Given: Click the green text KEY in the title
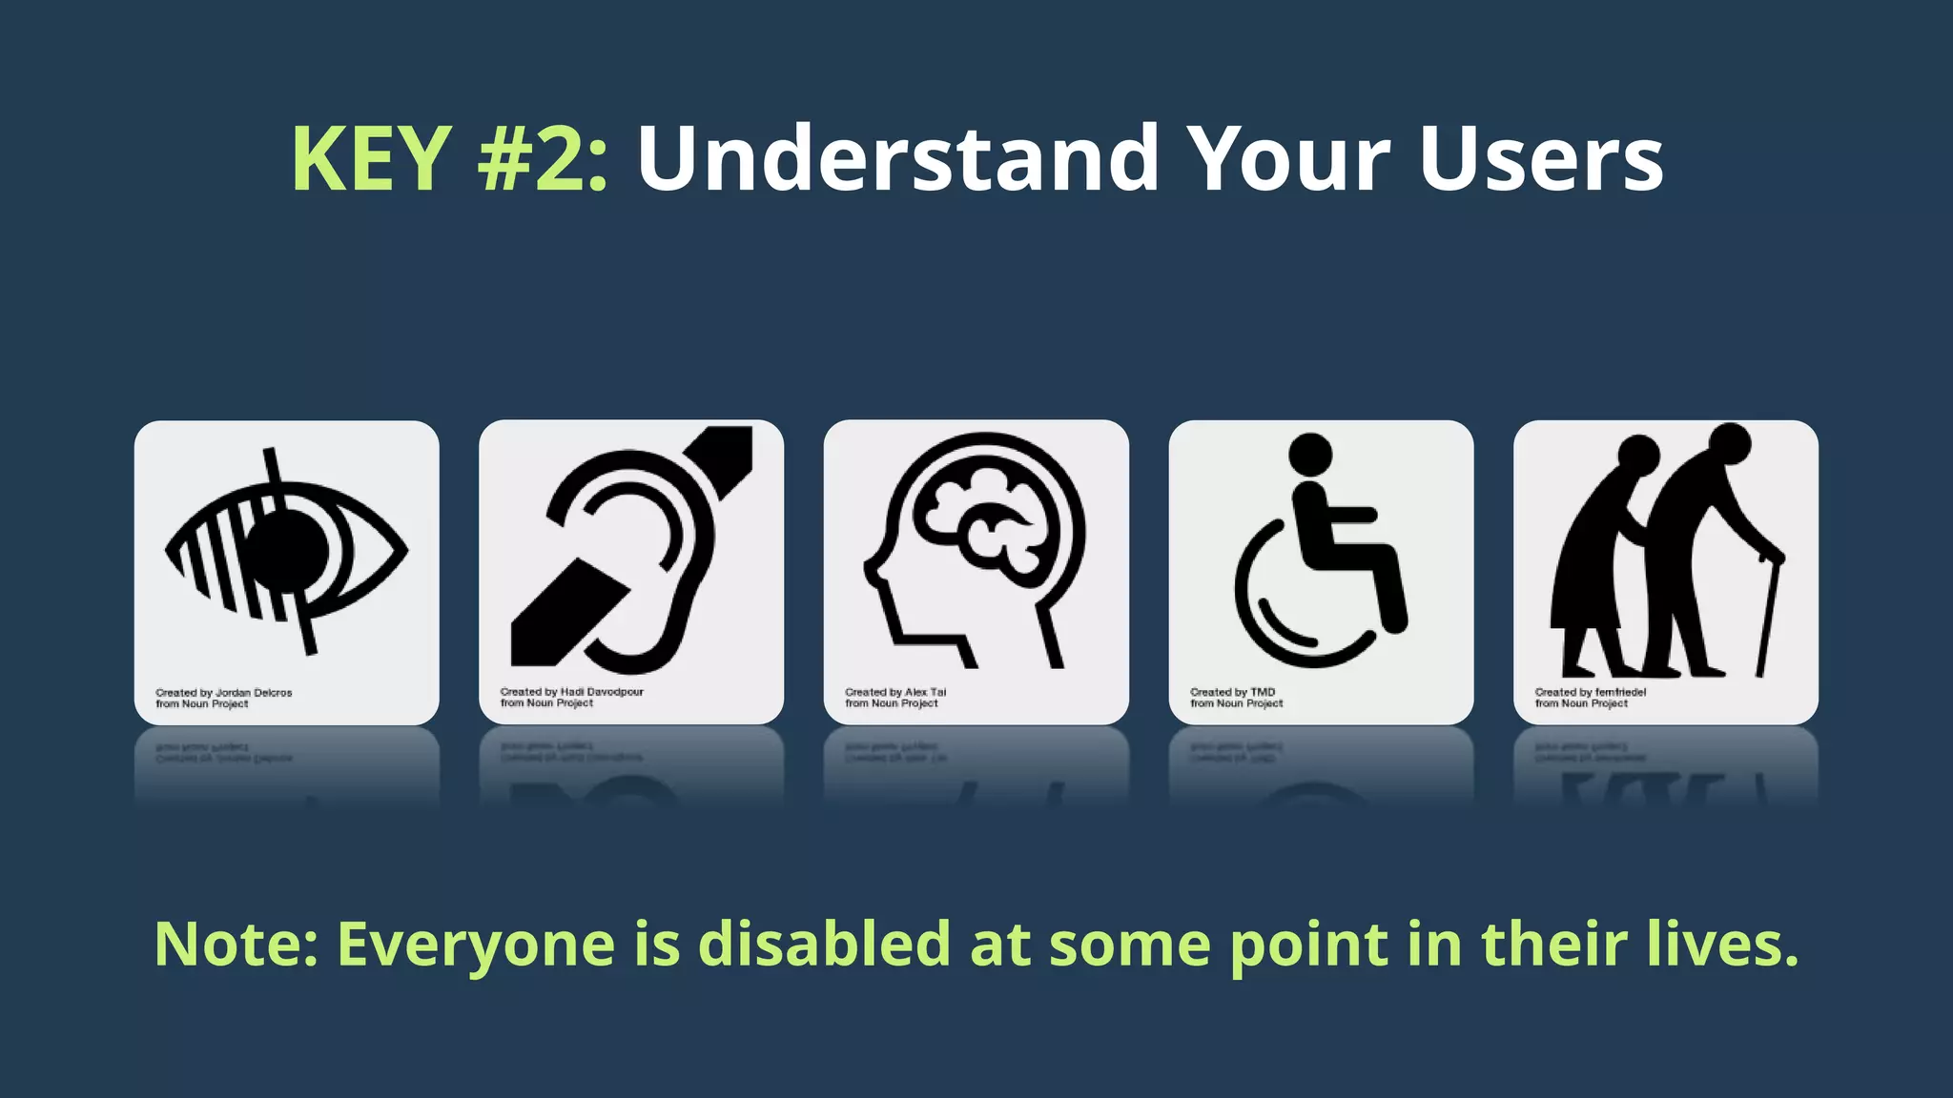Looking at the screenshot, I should click(x=371, y=158).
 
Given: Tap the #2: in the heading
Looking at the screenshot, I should click(x=542, y=158).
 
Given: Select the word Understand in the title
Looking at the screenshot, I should click(x=896, y=158).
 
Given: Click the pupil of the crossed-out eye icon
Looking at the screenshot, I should click(x=288, y=550).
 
